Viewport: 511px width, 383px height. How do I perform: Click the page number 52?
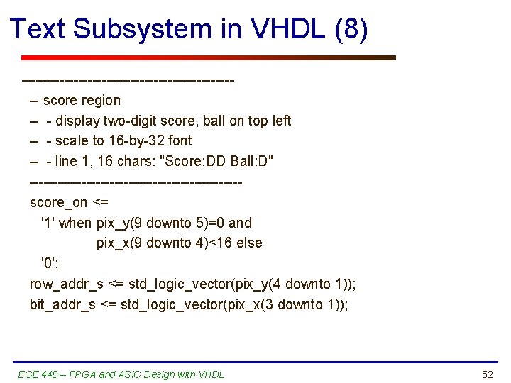tap(487, 374)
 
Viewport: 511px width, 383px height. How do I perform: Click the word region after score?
tap(101, 100)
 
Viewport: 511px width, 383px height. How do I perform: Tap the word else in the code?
tap(250, 243)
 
